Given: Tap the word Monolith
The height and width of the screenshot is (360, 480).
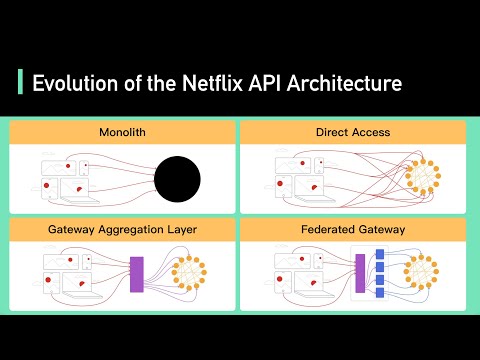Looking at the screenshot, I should click(122, 132).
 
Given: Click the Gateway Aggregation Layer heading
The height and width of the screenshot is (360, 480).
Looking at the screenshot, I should click(122, 229).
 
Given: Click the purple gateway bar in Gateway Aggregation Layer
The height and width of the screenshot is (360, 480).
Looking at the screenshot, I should click(137, 274).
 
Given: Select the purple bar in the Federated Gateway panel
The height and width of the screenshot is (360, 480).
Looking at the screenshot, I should click(360, 274).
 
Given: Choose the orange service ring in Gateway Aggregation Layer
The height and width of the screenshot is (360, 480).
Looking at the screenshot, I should click(190, 274).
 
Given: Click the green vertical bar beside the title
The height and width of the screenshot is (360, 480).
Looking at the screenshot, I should click(21, 83).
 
